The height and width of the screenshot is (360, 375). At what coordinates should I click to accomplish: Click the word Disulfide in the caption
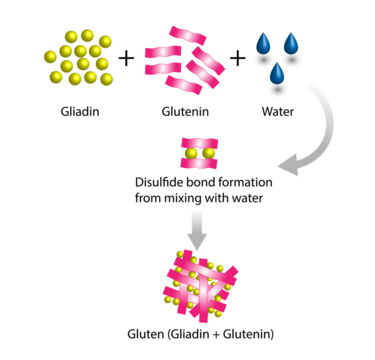161,182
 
